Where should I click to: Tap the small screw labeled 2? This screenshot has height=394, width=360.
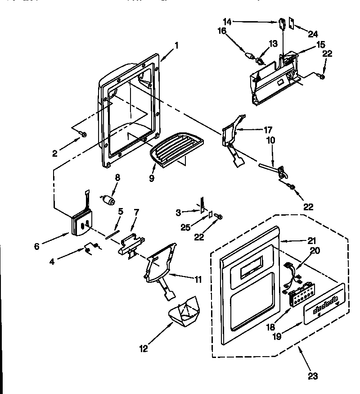pyautogui.click(x=83, y=133)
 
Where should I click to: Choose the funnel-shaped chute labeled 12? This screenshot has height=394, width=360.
pyautogui.click(x=184, y=312)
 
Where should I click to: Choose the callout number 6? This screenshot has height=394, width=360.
pyautogui.click(x=37, y=246)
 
